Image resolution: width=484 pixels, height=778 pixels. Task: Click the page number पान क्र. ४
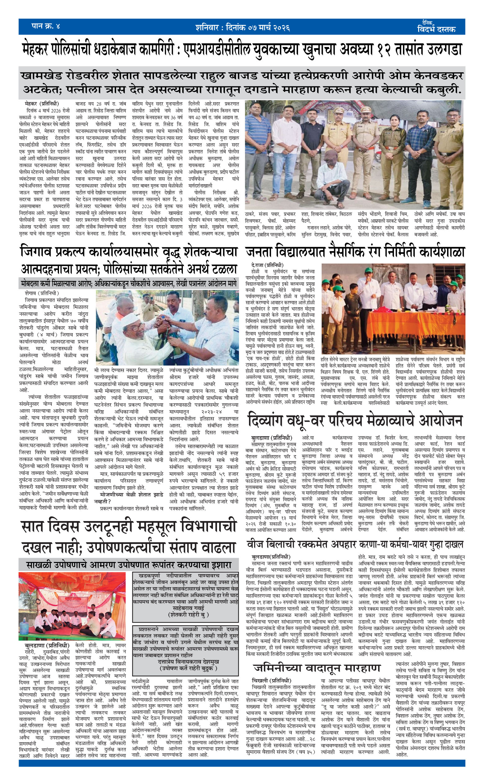46,26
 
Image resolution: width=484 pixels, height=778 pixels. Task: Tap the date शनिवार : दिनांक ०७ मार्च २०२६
242,28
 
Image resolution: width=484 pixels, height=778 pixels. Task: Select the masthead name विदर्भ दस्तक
436,29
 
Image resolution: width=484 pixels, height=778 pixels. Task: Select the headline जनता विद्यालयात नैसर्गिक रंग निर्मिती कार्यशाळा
354,252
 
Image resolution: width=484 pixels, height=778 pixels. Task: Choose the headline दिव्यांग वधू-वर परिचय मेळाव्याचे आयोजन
354,421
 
